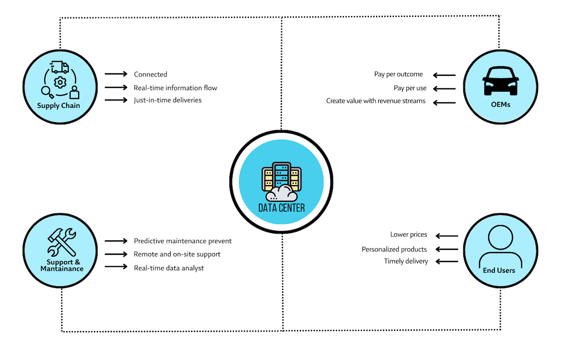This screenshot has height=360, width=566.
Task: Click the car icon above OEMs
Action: [x=500, y=81]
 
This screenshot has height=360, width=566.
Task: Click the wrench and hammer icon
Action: [x=62, y=242]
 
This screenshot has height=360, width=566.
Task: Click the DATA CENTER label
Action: [x=281, y=208]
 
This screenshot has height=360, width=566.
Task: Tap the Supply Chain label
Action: [x=59, y=106]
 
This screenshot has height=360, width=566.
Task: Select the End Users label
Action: [x=499, y=270]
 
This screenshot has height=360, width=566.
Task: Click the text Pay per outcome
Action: [x=398, y=74]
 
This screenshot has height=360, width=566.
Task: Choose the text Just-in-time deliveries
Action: [x=167, y=100]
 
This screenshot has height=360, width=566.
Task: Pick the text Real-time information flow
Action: [x=175, y=87]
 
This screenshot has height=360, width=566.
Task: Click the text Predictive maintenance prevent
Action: [x=183, y=241]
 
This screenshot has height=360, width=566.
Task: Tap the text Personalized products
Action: [x=394, y=249]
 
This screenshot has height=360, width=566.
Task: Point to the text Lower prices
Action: [x=408, y=235]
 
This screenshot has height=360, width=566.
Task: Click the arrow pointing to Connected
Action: [x=116, y=74]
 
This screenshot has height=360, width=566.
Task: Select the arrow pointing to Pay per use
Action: [x=445, y=88]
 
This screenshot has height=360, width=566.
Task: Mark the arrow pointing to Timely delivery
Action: [x=447, y=261]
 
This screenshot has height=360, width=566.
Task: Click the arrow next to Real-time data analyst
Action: [x=116, y=267]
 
